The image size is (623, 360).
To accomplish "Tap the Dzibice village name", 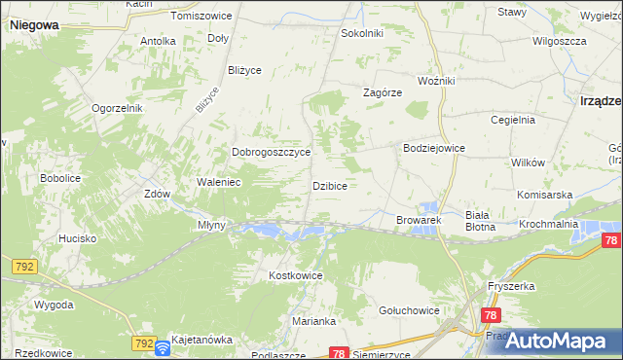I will coord(330,185).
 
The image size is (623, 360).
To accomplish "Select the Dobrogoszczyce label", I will coord(271,153).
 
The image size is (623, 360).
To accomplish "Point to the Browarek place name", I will coord(419,221).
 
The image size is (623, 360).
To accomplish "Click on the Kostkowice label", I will coord(295,276).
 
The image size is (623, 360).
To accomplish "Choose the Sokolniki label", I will coord(361,33).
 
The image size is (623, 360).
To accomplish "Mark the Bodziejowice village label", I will coord(434,148).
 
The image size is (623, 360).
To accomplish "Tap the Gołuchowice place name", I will coord(408,310).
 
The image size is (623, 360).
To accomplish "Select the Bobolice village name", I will coord(59,179).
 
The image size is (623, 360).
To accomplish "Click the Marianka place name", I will coord(313,321).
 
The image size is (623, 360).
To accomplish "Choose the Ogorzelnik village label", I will coord(118,108).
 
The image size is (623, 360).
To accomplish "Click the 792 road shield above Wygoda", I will coord(24,266).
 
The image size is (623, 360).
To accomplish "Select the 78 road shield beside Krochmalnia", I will coord(610,241).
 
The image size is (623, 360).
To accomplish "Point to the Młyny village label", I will coord(211,225).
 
